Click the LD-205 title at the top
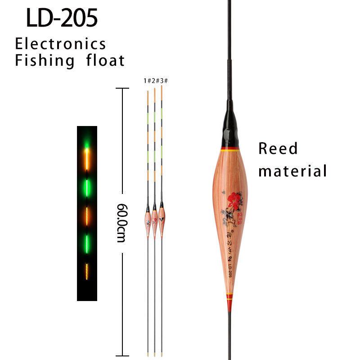[62, 19]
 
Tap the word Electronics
[61, 44]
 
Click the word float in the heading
[105, 60]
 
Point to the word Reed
[278, 149]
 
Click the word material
[292, 171]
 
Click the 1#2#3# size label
[155, 81]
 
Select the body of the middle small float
[155, 221]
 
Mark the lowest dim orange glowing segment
[87, 273]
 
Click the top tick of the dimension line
[120, 89]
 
